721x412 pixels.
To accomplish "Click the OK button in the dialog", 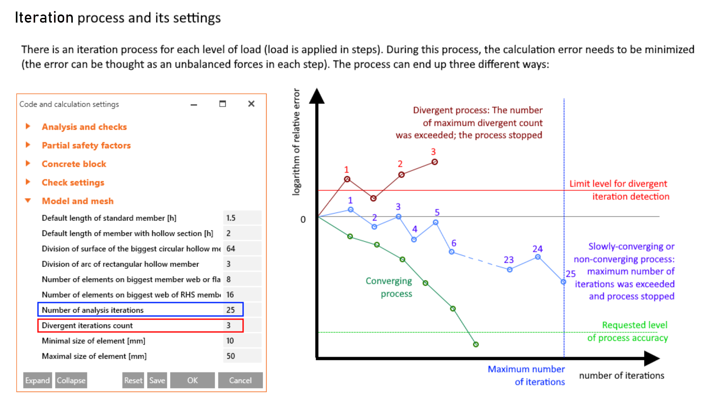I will tap(192, 380).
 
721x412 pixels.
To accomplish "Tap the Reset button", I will tap(133, 380).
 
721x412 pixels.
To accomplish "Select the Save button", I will tap(157, 380).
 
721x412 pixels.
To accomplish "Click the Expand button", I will tap(37, 380).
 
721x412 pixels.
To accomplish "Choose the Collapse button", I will tap(71, 380).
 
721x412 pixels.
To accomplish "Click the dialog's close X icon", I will tap(251, 104).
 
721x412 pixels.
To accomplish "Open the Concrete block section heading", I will tap(74, 164).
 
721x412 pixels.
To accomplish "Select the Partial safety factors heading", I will tap(86, 145).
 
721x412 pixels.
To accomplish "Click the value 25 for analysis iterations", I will tap(231, 310).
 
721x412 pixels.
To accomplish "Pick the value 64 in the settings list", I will tap(231, 249).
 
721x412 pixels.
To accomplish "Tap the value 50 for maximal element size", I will tap(231, 356).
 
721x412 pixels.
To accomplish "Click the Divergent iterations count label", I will tap(87, 325).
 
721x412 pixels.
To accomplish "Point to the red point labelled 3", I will tap(434, 162).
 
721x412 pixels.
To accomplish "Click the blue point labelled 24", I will tap(538, 257).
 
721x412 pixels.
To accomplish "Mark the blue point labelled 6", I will tap(451, 252).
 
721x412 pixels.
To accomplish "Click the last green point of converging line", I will tap(476, 345).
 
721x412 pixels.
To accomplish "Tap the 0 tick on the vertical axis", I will tap(303, 220).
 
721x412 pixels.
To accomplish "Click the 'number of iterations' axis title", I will tap(621, 375).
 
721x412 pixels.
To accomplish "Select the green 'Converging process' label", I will tap(389, 287).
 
